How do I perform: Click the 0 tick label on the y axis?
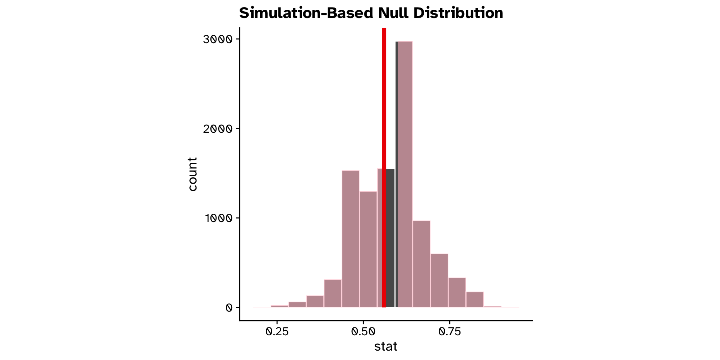[x=229, y=308]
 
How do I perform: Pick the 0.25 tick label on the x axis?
[x=277, y=331]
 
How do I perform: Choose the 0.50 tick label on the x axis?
[x=363, y=331]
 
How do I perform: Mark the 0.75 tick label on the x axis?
[x=450, y=331]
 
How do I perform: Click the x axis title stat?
[x=385, y=346]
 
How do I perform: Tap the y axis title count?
[x=192, y=174]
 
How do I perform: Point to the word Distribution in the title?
[x=459, y=13]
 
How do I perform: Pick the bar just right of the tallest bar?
[x=421, y=264]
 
